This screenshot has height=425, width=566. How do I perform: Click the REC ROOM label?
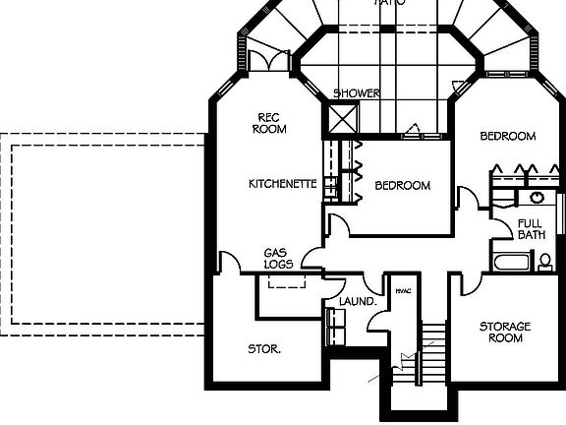coord(269,122)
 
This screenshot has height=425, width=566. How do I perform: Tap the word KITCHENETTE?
coord(281,184)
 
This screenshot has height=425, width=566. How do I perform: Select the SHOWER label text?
coord(356,93)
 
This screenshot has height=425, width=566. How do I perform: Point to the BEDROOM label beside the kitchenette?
coord(403,185)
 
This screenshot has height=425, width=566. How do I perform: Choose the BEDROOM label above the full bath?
coord(507,136)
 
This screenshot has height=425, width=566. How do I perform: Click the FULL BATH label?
coord(531,229)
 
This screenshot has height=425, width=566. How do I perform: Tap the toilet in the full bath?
coord(544,262)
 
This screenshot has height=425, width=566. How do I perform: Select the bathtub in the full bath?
coord(508,263)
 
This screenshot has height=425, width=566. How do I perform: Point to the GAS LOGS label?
coord(275,259)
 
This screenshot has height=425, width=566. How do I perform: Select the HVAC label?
coord(402,291)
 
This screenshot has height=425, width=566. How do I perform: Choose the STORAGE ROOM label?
coord(505,332)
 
